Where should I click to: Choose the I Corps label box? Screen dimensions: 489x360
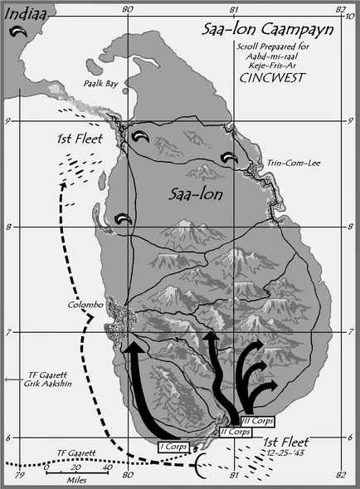pyautogui.click(x=173, y=447)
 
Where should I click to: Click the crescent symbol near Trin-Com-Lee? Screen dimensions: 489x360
pyautogui.click(x=231, y=156)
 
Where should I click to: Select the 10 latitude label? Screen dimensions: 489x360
pyautogui.click(x=353, y=17)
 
